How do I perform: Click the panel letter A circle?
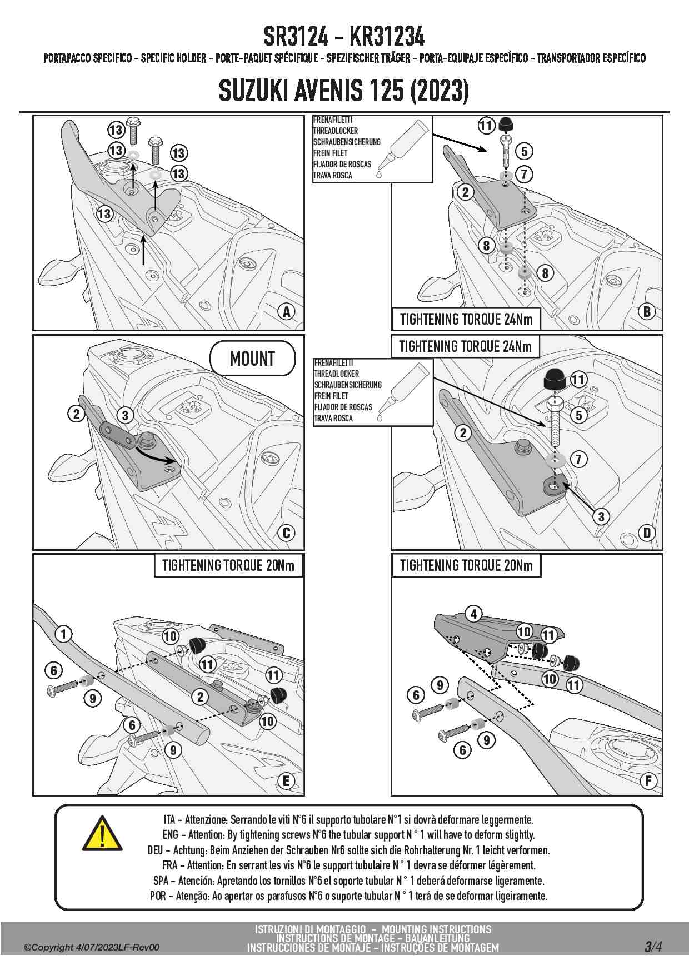[x=287, y=311]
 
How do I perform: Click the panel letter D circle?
[x=647, y=533]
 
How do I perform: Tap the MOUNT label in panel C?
[x=252, y=359]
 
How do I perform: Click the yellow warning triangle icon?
[x=102, y=834]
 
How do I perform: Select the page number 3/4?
[x=653, y=946]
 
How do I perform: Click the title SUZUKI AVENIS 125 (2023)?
[x=344, y=91]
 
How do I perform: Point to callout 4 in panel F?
[x=473, y=614]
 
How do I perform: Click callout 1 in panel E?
[x=63, y=634]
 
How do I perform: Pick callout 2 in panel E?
[x=200, y=697]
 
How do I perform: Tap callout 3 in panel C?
[x=125, y=415]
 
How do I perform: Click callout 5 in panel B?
[x=524, y=151]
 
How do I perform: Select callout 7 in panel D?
[x=578, y=459]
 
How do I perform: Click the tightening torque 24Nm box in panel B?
[x=466, y=319]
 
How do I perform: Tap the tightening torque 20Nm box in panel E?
[x=228, y=566]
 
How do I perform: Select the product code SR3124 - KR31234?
[x=344, y=37]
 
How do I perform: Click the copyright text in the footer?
[x=92, y=947]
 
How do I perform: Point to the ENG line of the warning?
[x=348, y=834]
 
